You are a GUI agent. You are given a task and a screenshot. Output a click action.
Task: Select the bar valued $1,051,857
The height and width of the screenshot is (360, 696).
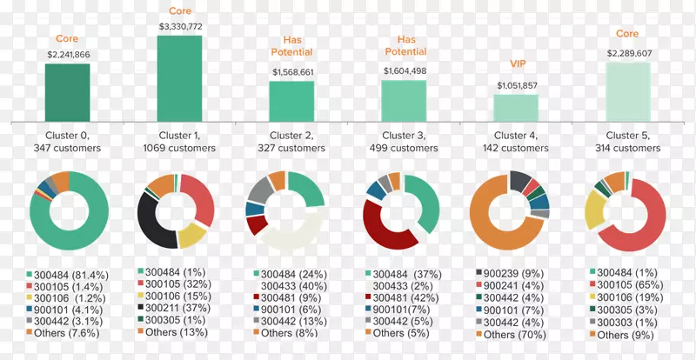pyautogui.click(x=516, y=107)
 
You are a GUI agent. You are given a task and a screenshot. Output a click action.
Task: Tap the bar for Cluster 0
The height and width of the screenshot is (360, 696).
pyautogui.click(x=67, y=92)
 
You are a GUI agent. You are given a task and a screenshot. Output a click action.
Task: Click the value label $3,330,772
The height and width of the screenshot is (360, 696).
pyautogui.click(x=180, y=27)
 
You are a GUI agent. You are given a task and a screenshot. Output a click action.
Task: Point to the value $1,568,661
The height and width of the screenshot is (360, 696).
pyautogui.click(x=292, y=72)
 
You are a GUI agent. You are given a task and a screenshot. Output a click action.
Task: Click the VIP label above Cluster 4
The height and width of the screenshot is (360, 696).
pyautogui.click(x=517, y=64)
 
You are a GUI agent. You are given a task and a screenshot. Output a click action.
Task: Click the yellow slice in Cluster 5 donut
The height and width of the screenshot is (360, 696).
pyautogui.click(x=596, y=209)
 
